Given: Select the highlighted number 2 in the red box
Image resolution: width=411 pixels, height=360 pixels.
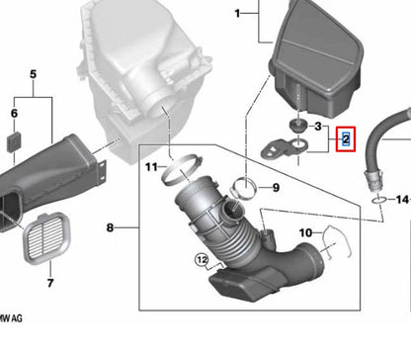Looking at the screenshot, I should (x=346, y=139).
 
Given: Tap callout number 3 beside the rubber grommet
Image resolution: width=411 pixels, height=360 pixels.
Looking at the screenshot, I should (x=317, y=128).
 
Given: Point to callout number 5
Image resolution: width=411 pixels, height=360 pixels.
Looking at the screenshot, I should (x=33, y=74).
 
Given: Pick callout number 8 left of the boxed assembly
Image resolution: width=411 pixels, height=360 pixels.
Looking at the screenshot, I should (x=109, y=228).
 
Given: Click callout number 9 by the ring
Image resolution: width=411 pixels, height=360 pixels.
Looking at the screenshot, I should (x=276, y=187).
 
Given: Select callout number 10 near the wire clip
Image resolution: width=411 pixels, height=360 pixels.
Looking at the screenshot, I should (x=305, y=233).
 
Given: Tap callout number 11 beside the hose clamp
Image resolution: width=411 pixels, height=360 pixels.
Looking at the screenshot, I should (x=151, y=167).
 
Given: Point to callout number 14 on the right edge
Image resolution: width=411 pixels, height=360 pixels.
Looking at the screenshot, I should (x=401, y=199).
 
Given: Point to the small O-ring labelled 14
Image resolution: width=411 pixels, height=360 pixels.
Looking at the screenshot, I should (x=379, y=200).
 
